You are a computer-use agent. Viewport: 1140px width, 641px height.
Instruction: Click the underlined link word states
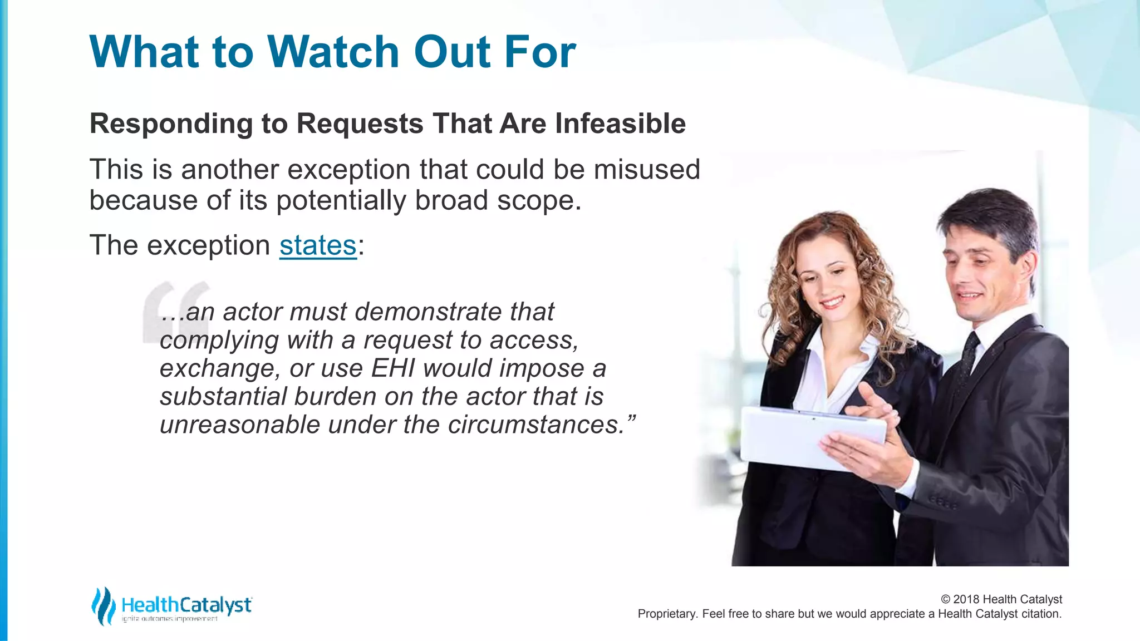[317, 245]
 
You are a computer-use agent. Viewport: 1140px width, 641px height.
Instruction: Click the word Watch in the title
[333, 52]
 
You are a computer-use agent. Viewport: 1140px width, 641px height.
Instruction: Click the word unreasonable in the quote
[239, 425]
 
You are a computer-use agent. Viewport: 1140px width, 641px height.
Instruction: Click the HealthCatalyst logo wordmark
[186, 605]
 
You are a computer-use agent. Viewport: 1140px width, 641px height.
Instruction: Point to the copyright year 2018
[967, 599]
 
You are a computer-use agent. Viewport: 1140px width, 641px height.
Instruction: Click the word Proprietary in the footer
[667, 614]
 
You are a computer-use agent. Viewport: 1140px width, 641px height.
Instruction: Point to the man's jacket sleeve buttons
[944, 502]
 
